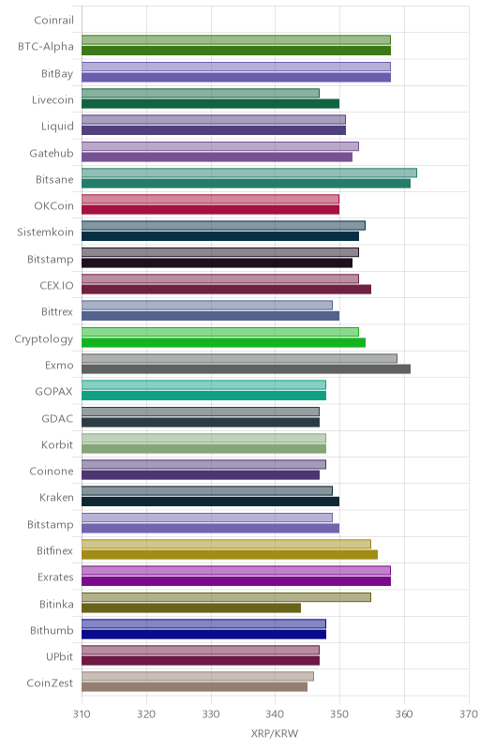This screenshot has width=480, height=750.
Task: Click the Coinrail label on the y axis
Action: (x=54, y=20)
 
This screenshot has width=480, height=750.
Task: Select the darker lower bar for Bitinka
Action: (x=191, y=607)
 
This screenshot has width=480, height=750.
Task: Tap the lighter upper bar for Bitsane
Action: (x=249, y=172)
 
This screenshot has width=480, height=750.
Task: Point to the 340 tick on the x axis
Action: (x=276, y=714)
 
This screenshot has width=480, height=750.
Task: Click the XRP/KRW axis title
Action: (x=275, y=734)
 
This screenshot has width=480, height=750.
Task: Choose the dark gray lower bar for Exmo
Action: (x=246, y=368)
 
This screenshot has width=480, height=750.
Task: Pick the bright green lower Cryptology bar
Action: (x=223, y=342)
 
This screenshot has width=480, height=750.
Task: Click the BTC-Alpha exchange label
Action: (x=46, y=47)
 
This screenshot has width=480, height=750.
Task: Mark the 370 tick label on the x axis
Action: (x=469, y=714)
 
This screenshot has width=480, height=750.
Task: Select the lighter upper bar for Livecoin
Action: (x=201, y=93)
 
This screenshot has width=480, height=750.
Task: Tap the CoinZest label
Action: (x=50, y=683)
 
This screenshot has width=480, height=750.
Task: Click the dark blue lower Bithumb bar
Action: (x=203, y=635)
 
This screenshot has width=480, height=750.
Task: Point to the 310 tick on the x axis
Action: (x=82, y=714)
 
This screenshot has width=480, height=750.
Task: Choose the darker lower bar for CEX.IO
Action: (x=226, y=290)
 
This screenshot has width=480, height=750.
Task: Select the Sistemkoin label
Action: (x=45, y=232)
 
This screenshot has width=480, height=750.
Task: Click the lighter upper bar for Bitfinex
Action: (x=226, y=544)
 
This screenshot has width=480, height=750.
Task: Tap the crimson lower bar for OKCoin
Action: (x=210, y=209)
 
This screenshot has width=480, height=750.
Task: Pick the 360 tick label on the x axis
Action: (x=404, y=714)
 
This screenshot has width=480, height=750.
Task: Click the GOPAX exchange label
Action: (x=54, y=392)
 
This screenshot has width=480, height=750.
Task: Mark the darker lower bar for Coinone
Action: (x=201, y=475)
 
